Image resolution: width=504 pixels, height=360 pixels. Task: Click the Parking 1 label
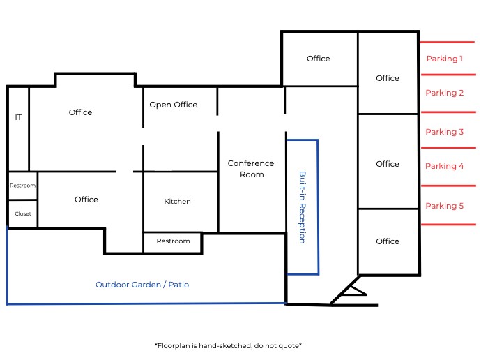tap(445, 59)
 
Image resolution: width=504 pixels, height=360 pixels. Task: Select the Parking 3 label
tap(445, 132)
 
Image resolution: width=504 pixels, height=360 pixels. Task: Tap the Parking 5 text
tap(445, 206)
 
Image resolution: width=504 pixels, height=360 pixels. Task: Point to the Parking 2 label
tap(445, 93)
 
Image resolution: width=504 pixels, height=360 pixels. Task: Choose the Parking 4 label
tap(445, 166)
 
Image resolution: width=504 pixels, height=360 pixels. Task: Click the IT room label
tap(18, 117)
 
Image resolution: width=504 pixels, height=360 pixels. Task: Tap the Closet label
tap(23, 213)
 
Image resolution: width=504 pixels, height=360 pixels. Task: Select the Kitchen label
tap(177, 202)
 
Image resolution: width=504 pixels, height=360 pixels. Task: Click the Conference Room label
tap(251, 169)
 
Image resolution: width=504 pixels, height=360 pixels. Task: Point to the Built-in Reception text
tap(303, 207)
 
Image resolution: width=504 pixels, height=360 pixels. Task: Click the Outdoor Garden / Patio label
tap(142, 285)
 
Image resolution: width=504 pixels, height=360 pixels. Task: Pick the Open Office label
tap(174, 105)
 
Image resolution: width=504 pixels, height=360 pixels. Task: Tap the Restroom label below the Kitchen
tap(173, 241)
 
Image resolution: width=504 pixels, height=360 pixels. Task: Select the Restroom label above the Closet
tap(22, 186)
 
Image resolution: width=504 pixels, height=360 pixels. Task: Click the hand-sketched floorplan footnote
tap(227, 345)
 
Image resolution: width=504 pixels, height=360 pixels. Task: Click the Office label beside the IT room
tap(80, 112)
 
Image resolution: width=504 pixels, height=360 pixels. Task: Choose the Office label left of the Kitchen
tap(86, 200)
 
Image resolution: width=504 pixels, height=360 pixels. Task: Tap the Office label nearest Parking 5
tap(388, 241)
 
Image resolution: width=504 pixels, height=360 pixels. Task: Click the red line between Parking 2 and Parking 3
tap(448, 112)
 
